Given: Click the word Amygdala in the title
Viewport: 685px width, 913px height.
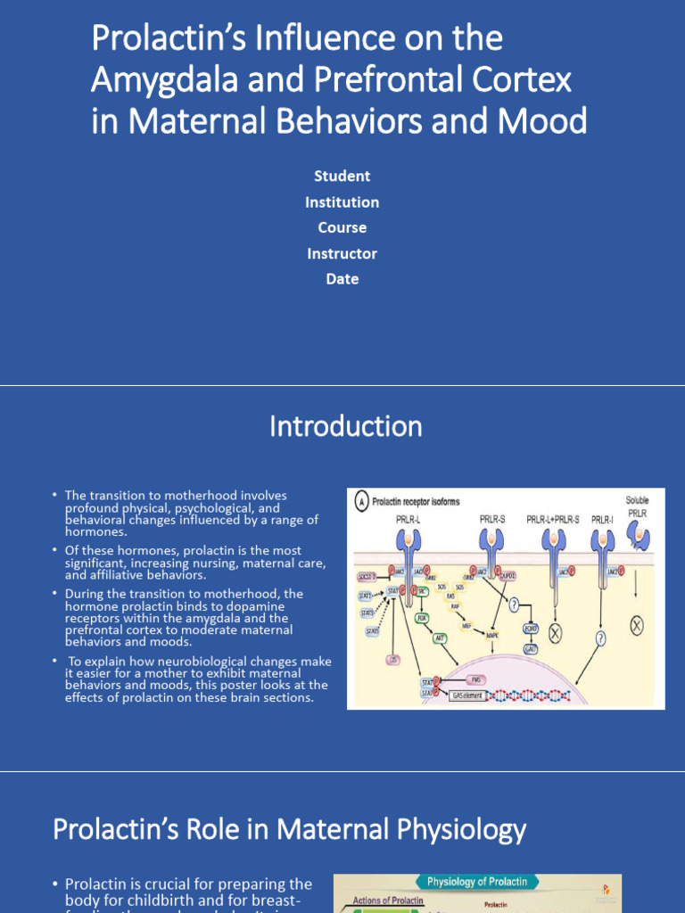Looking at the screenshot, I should click(x=158, y=79).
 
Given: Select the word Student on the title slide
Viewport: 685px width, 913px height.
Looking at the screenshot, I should click(x=342, y=177).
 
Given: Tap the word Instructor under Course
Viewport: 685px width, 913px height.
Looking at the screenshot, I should click(x=342, y=253).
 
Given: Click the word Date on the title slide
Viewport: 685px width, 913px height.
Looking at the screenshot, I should click(x=342, y=279).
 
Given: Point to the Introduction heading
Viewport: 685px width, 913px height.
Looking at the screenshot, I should click(x=345, y=426).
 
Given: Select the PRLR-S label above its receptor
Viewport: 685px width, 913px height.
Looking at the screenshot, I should click(x=492, y=518).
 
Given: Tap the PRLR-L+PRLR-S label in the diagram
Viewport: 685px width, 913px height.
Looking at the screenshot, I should click(x=553, y=518).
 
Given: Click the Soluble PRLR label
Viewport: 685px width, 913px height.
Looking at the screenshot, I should click(x=637, y=507).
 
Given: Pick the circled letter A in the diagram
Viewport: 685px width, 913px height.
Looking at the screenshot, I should click(x=362, y=501).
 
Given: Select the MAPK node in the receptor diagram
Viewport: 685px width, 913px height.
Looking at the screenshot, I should click(x=491, y=635).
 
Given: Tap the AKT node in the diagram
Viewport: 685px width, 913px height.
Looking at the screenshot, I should click(x=441, y=637).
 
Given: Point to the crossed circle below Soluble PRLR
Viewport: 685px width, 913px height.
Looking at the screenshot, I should click(x=636, y=626).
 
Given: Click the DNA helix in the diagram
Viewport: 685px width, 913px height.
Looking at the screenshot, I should click(x=535, y=694).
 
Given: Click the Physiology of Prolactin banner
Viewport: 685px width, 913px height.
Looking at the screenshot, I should click(x=477, y=882).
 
